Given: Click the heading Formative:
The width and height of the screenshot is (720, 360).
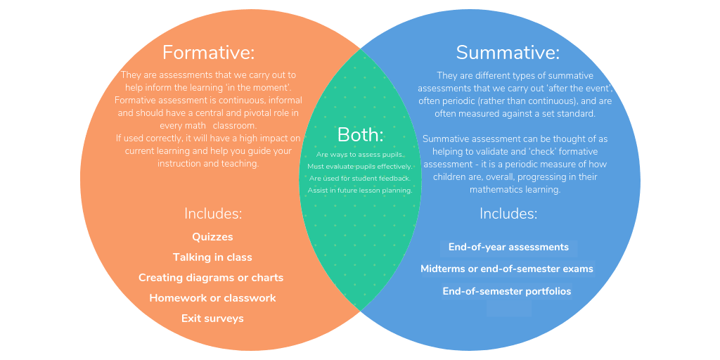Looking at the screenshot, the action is tap(208, 52).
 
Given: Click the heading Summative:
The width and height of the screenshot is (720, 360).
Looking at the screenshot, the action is tap(508, 53).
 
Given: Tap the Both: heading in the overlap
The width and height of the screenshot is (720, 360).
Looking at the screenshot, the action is tap(361, 134).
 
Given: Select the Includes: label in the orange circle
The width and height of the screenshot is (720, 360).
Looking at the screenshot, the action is tap(213, 214).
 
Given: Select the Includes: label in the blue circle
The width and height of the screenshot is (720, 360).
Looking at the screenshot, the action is tap(508, 214).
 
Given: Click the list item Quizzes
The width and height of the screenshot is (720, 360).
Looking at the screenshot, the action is tap(212, 237).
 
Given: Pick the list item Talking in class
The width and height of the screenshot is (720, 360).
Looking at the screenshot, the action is tap(212, 257).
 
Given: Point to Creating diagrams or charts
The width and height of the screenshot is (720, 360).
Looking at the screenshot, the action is tap(211, 277).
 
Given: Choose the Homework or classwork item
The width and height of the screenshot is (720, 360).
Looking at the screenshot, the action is tap(212, 297).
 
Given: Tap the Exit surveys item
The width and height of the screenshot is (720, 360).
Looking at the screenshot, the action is tap(212, 319).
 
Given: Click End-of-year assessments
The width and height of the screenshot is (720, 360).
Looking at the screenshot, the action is tap(509, 247).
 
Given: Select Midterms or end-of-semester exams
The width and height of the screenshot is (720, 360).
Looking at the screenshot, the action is tap(507, 269).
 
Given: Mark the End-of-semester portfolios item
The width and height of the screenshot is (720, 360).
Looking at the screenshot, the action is tap(507, 291).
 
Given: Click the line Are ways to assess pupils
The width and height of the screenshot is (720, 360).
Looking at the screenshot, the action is tap(360, 154).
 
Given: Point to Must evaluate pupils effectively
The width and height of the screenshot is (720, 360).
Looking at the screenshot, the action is tap(360, 166).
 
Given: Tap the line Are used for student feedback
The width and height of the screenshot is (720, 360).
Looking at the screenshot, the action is tap(360, 178).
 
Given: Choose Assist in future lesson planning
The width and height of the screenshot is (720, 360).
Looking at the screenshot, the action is tap(360, 190).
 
